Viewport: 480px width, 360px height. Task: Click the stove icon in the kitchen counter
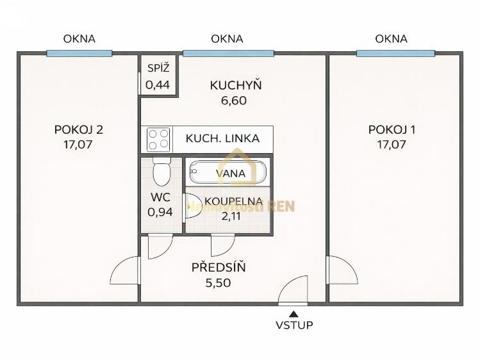159,139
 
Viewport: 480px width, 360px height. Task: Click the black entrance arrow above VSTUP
294,313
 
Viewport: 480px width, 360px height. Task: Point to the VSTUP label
294,325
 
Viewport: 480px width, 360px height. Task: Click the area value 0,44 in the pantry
158,84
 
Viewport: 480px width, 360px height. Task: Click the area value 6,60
233,100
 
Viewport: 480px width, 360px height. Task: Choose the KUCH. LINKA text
222,138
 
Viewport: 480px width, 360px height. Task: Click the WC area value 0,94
160,211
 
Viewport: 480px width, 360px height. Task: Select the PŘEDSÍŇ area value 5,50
219,282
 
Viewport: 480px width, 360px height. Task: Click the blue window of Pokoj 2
79,53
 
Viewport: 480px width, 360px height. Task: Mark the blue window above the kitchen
229,53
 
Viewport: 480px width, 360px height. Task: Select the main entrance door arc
294,290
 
